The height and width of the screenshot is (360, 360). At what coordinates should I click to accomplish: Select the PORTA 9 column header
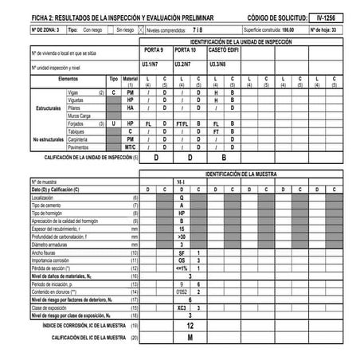(x=155, y=49)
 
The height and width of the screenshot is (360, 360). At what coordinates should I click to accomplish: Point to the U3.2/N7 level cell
(x=182, y=63)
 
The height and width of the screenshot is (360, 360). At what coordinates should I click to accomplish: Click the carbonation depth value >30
(x=182, y=237)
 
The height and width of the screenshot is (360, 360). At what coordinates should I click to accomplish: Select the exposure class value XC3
(x=182, y=307)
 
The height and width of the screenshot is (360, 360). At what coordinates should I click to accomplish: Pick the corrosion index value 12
(x=190, y=326)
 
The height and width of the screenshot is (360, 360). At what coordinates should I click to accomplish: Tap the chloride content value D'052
(x=182, y=292)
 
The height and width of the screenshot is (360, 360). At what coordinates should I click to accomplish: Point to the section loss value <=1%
(x=182, y=268)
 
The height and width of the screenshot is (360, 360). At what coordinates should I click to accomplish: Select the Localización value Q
(x=182, y=198)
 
